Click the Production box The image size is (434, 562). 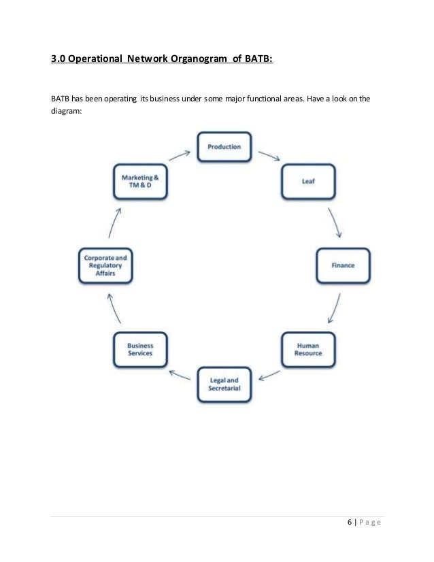click(224, 146)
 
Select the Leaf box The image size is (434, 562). click(307, 181)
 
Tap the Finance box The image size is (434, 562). click(343, 265)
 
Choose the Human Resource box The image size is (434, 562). click(307, 349)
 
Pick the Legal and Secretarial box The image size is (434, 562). click(224, 384)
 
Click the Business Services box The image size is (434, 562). click(139, 349)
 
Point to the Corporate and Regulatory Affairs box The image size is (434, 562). click(105, 265)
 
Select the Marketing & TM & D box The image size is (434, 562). click(139, 181)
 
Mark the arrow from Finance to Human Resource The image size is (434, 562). click(334, 309)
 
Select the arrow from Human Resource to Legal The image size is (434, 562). click(268, 375)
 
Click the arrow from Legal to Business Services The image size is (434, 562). click(180, 375)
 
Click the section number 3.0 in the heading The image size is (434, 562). click(59, 59)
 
